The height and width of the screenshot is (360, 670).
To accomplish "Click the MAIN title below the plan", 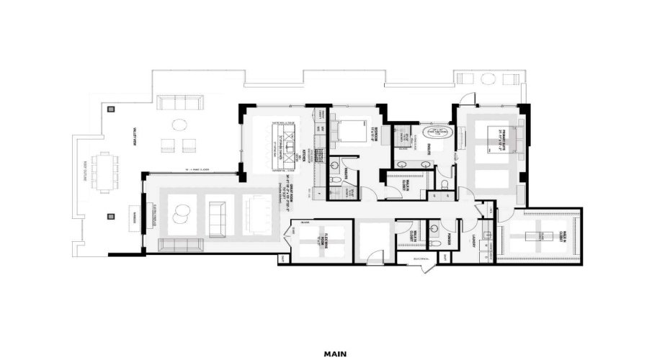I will [x=335, y=354].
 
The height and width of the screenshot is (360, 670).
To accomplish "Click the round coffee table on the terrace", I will [x=177, y=123].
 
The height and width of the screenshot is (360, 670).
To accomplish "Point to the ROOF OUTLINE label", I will [x=86, y=171].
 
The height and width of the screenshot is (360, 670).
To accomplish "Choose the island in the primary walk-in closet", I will [x=539, y=236].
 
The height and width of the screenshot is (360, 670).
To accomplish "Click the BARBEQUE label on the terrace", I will [x=132, y=215].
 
